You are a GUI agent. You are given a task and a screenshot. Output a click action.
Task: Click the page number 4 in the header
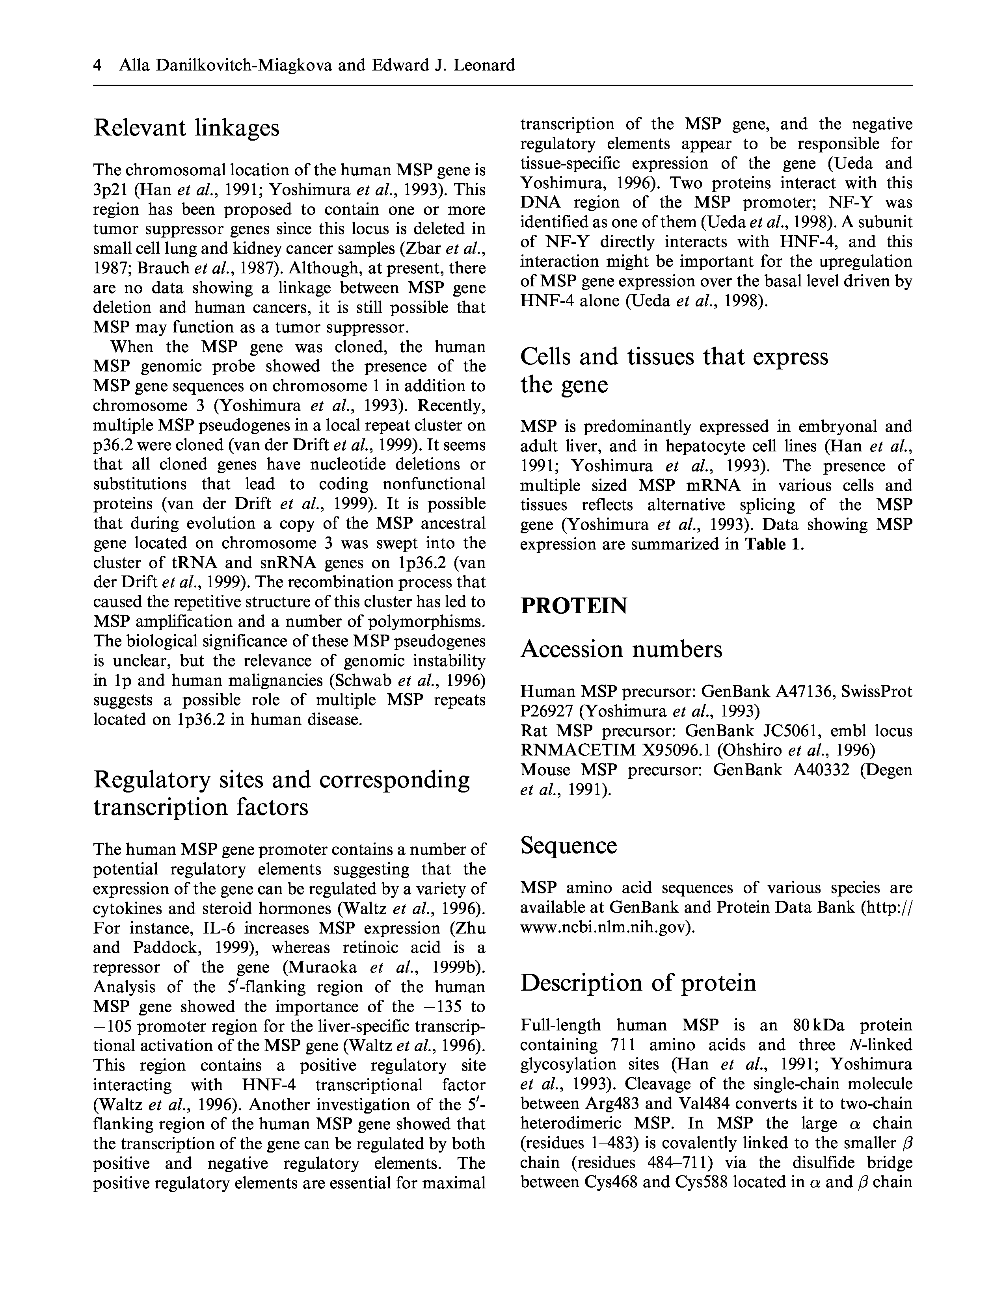point(97,65)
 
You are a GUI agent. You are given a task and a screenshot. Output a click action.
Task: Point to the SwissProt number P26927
point(547,711)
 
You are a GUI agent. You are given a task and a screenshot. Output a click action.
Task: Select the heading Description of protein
point(638,983)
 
